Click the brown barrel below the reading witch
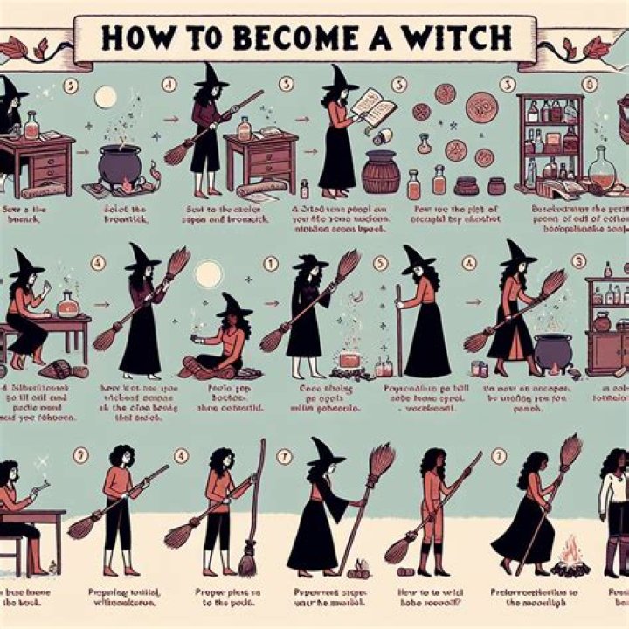(381, 171)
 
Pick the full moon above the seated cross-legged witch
(210, 273)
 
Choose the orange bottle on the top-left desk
(32, 127)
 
